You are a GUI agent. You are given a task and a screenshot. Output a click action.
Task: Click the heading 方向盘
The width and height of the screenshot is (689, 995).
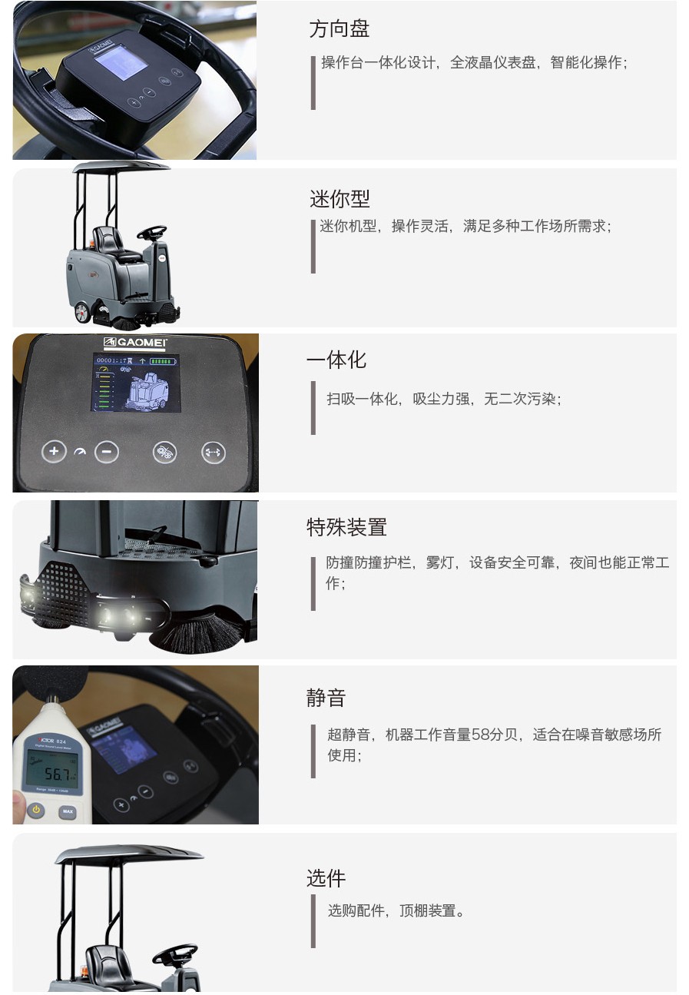pos(339,29)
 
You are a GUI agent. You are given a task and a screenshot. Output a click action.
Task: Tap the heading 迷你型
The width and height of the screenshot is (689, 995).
pos(340,198)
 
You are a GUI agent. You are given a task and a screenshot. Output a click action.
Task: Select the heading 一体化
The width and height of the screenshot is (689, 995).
pos(336,360)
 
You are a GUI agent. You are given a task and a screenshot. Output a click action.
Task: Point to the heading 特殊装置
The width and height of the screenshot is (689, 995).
pos(346,527)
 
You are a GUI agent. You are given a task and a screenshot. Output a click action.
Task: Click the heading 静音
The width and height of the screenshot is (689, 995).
pos(326,698)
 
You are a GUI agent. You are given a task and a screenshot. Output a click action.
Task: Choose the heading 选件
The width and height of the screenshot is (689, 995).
pos(326,877)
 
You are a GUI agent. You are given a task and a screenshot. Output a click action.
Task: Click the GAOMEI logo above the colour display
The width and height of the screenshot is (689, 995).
pos(136,343)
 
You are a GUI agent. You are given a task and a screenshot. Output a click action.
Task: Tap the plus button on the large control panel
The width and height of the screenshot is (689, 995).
pos(53,451)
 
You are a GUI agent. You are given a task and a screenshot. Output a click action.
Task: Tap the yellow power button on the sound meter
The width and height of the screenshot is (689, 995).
pos(36,810)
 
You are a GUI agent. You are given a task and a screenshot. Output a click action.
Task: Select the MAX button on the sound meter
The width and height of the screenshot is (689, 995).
pos(68,811)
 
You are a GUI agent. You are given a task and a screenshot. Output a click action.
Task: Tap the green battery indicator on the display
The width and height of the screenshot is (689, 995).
pos(162,360)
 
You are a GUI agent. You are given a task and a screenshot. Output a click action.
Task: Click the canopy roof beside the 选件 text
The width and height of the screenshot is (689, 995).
pos(129,853)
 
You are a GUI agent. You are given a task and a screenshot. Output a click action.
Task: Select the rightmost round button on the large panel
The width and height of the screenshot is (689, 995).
pos(213,453)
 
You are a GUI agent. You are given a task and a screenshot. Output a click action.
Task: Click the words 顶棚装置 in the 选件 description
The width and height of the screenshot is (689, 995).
pos(427,911)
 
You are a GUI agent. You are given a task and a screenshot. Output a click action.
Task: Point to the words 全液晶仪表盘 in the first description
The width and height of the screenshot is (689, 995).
pos(492,63)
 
